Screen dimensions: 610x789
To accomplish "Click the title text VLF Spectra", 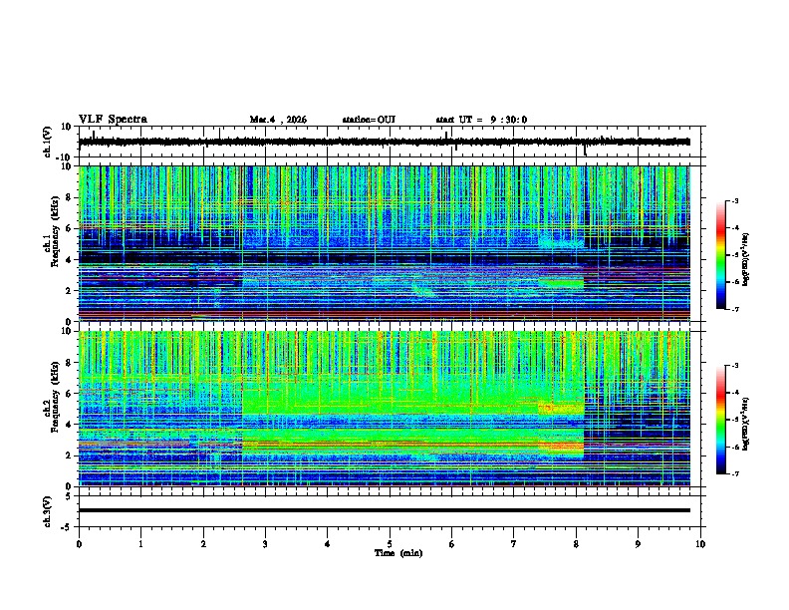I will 113,120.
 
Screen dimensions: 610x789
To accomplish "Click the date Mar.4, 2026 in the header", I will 278,120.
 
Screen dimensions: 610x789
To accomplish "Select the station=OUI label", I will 369,120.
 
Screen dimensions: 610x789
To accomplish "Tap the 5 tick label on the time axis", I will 390,543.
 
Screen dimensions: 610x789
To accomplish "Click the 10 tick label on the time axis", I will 700,543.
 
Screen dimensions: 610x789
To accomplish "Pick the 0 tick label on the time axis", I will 79,543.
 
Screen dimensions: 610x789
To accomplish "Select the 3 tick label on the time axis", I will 265,543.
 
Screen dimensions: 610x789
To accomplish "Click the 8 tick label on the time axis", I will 576,543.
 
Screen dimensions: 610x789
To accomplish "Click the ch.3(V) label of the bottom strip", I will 47,510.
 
